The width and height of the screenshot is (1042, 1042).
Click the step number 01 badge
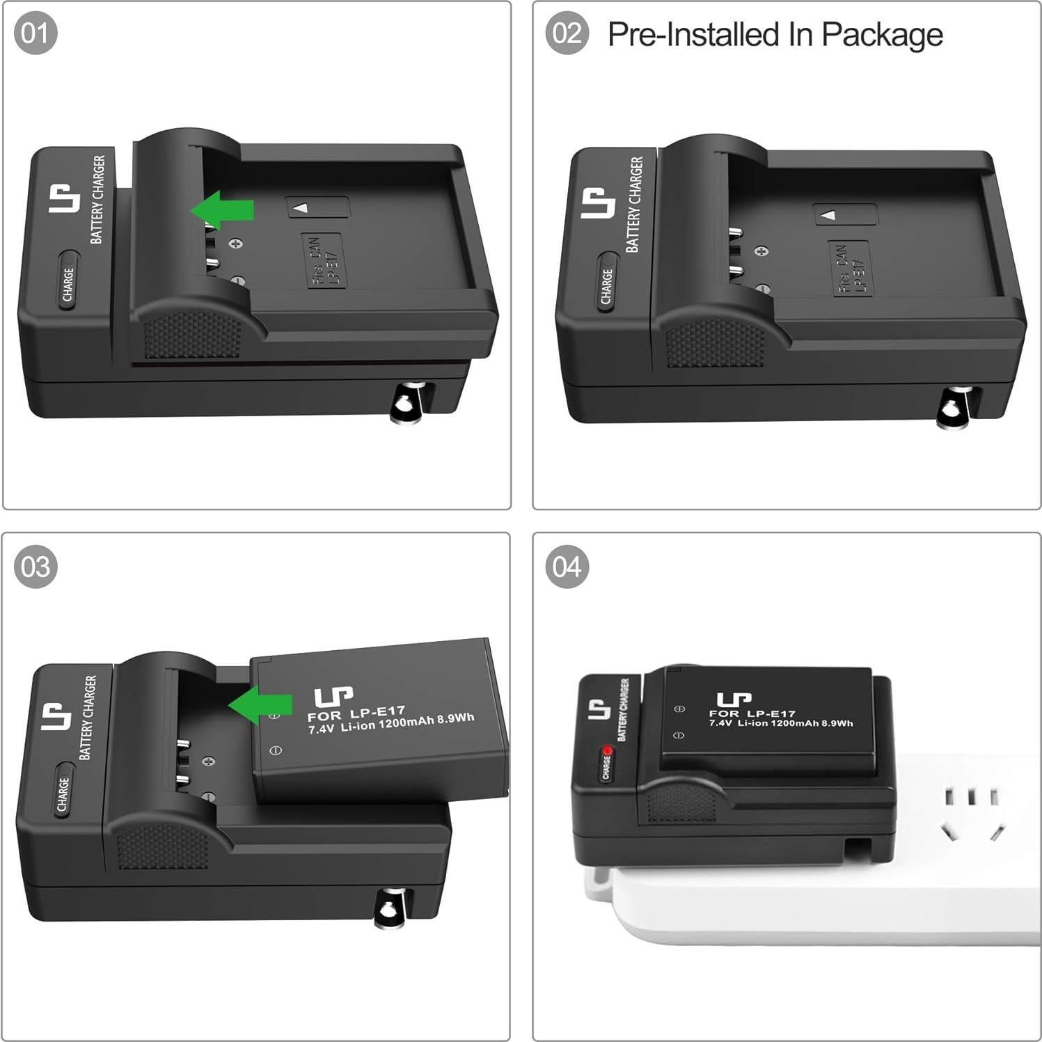coord(35,33)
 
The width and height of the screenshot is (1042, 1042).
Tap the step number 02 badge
coord(567,33)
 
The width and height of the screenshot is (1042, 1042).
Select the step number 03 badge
coord(35,567)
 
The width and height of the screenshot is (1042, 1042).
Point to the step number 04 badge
coord(567,567)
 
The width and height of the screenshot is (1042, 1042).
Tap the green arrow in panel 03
coord(260,704)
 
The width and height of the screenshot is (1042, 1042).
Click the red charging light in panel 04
coord(607,751)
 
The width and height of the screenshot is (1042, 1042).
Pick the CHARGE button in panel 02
coord(606,285)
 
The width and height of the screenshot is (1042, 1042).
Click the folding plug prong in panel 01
coord(406,402)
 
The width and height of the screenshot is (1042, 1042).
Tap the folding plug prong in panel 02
coord(952,408)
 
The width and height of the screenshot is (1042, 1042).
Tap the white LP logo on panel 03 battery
coord(333,696)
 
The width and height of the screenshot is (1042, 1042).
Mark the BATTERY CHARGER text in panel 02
coord(634,204)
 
